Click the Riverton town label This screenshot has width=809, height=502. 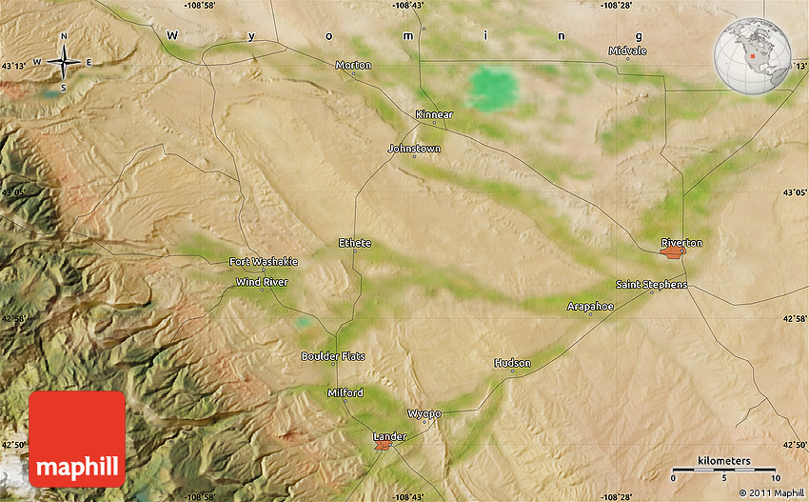[681, 243]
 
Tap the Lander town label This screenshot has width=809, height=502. [389, 436]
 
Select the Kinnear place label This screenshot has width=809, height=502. [434, 114]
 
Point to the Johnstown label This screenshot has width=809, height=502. [414, 149]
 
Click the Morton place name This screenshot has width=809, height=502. [353, 65]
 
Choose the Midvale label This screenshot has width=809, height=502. [627, 50]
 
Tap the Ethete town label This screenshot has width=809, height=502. [355, 243]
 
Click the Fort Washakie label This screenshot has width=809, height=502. [264, 261]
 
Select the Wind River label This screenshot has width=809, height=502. [262, 281]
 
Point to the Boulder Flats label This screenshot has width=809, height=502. [333, 356]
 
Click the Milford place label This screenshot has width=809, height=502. [345, 392]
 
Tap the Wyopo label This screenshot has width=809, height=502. [424, 413]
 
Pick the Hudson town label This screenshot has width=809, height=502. [512, 363]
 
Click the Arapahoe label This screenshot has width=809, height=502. [590, 306]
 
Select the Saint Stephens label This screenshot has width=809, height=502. [651, 285]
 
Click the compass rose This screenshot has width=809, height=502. [64, 62]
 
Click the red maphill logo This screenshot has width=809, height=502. [77, 439]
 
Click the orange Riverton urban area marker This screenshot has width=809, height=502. [673, 253]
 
